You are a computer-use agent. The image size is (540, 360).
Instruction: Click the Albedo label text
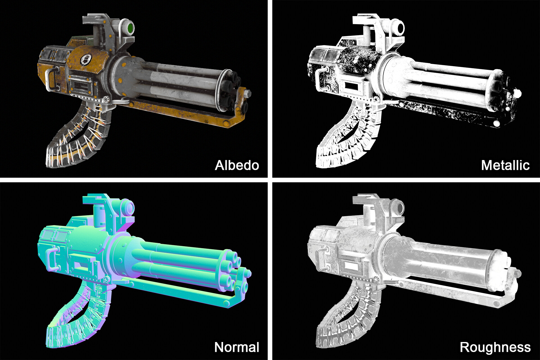(237, 165)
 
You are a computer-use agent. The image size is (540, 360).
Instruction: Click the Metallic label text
(505, 165)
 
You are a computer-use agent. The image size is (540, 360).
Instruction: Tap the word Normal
(237, 347)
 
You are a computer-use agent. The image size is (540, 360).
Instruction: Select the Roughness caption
(495, 347)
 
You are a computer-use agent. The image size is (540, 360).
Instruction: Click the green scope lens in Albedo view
(130, 28)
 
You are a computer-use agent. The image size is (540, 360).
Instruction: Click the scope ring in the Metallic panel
(400, 28)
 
